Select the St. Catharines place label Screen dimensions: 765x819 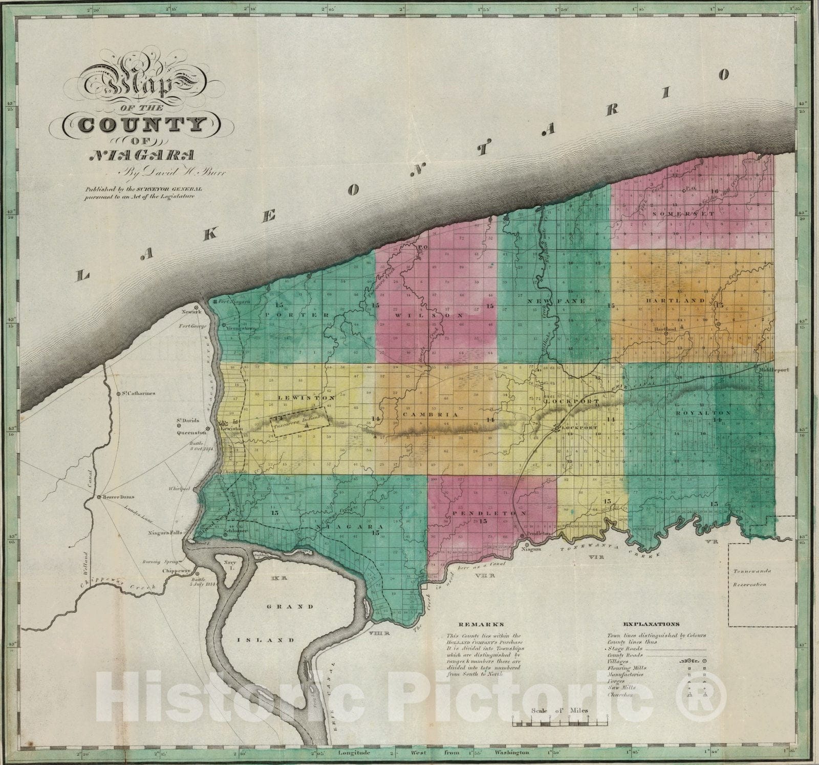click(139, 394)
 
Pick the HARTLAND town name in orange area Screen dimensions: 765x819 click(675, 301)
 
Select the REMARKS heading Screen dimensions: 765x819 click(473, 624)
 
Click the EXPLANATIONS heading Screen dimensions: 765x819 click(651, 624)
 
